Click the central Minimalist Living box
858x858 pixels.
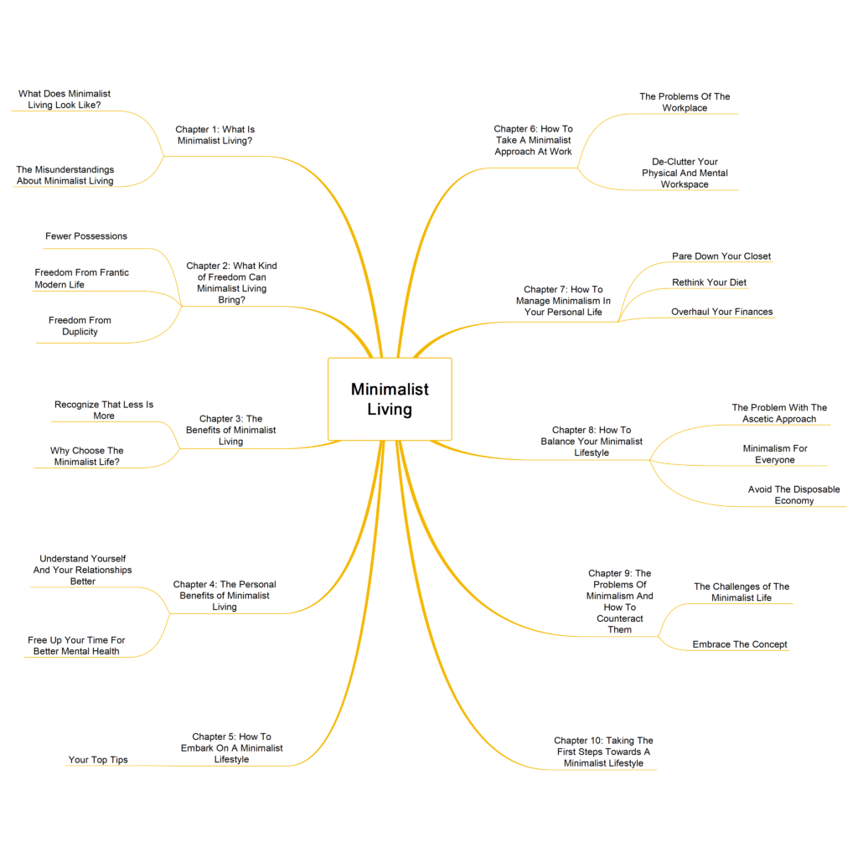390,399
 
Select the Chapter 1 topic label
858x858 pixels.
215,135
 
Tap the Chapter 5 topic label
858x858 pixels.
231,748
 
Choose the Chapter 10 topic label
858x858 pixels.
603,752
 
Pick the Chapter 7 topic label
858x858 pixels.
563,301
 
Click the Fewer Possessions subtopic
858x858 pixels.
86,236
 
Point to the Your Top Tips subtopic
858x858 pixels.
98,760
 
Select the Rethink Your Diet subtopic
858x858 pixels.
709,282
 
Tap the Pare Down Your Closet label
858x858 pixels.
721,256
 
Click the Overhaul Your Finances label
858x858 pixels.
721,312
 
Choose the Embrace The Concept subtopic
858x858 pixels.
740,644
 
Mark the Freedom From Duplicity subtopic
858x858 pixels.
80,326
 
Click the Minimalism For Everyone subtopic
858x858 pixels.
775,454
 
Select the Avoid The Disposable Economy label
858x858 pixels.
794,495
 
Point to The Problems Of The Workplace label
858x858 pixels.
685,102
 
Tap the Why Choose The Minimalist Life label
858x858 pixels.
86,457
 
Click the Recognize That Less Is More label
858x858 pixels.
104,411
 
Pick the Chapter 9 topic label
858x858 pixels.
619,602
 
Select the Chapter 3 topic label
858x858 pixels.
230,430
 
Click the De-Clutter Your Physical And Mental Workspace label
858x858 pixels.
685,173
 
